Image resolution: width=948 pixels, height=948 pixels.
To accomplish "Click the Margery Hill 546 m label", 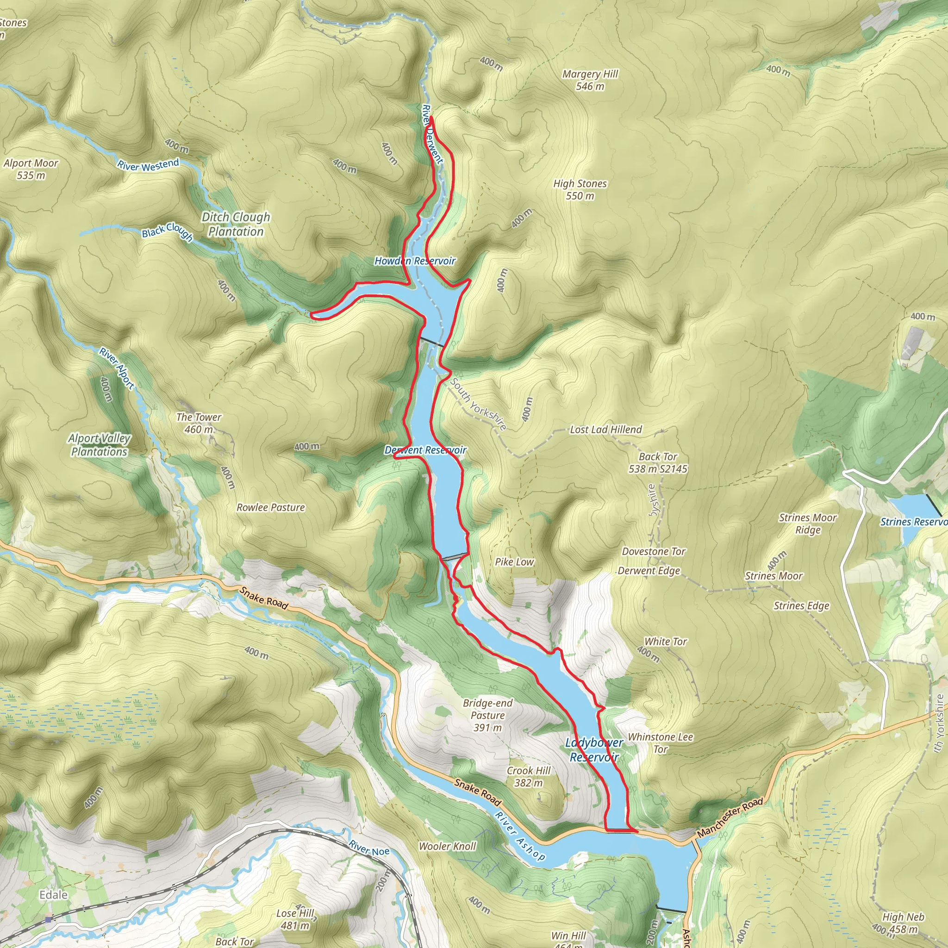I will tap(590, 80).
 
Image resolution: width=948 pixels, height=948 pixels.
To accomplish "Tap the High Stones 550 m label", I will tap(580, 189).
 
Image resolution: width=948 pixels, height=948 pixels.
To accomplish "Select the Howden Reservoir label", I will tap(415, 261).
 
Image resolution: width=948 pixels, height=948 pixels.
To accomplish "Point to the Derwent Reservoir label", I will tap(425, 450).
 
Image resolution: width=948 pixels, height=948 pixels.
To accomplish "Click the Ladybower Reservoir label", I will tap(594, 750).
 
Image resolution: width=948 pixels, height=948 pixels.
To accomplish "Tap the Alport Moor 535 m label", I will tap(31, 169).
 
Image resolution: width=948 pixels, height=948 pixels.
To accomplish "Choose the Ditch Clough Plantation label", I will tap(236, 224).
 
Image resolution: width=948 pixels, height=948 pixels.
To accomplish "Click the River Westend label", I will tap(148, 165).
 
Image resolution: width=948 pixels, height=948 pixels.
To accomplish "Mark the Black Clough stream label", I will tap(167, 231).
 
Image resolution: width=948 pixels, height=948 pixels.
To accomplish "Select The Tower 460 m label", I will tap(199, 423).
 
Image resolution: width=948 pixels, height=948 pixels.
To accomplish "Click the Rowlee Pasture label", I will tap(270, 507).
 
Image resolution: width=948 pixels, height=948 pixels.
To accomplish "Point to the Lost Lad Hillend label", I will tap(605, 430).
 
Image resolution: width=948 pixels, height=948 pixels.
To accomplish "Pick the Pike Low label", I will tap(514, 562).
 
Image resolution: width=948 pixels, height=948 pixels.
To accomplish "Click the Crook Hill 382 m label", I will tap(529, 776).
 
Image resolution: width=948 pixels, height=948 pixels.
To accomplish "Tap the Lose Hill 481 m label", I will tap(295, 919).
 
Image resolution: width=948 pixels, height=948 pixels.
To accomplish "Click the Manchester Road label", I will tap(730, 817).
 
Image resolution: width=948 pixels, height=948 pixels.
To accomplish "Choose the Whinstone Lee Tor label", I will tap(661, 743).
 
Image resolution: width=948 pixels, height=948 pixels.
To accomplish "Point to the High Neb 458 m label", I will tap(903, 923).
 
